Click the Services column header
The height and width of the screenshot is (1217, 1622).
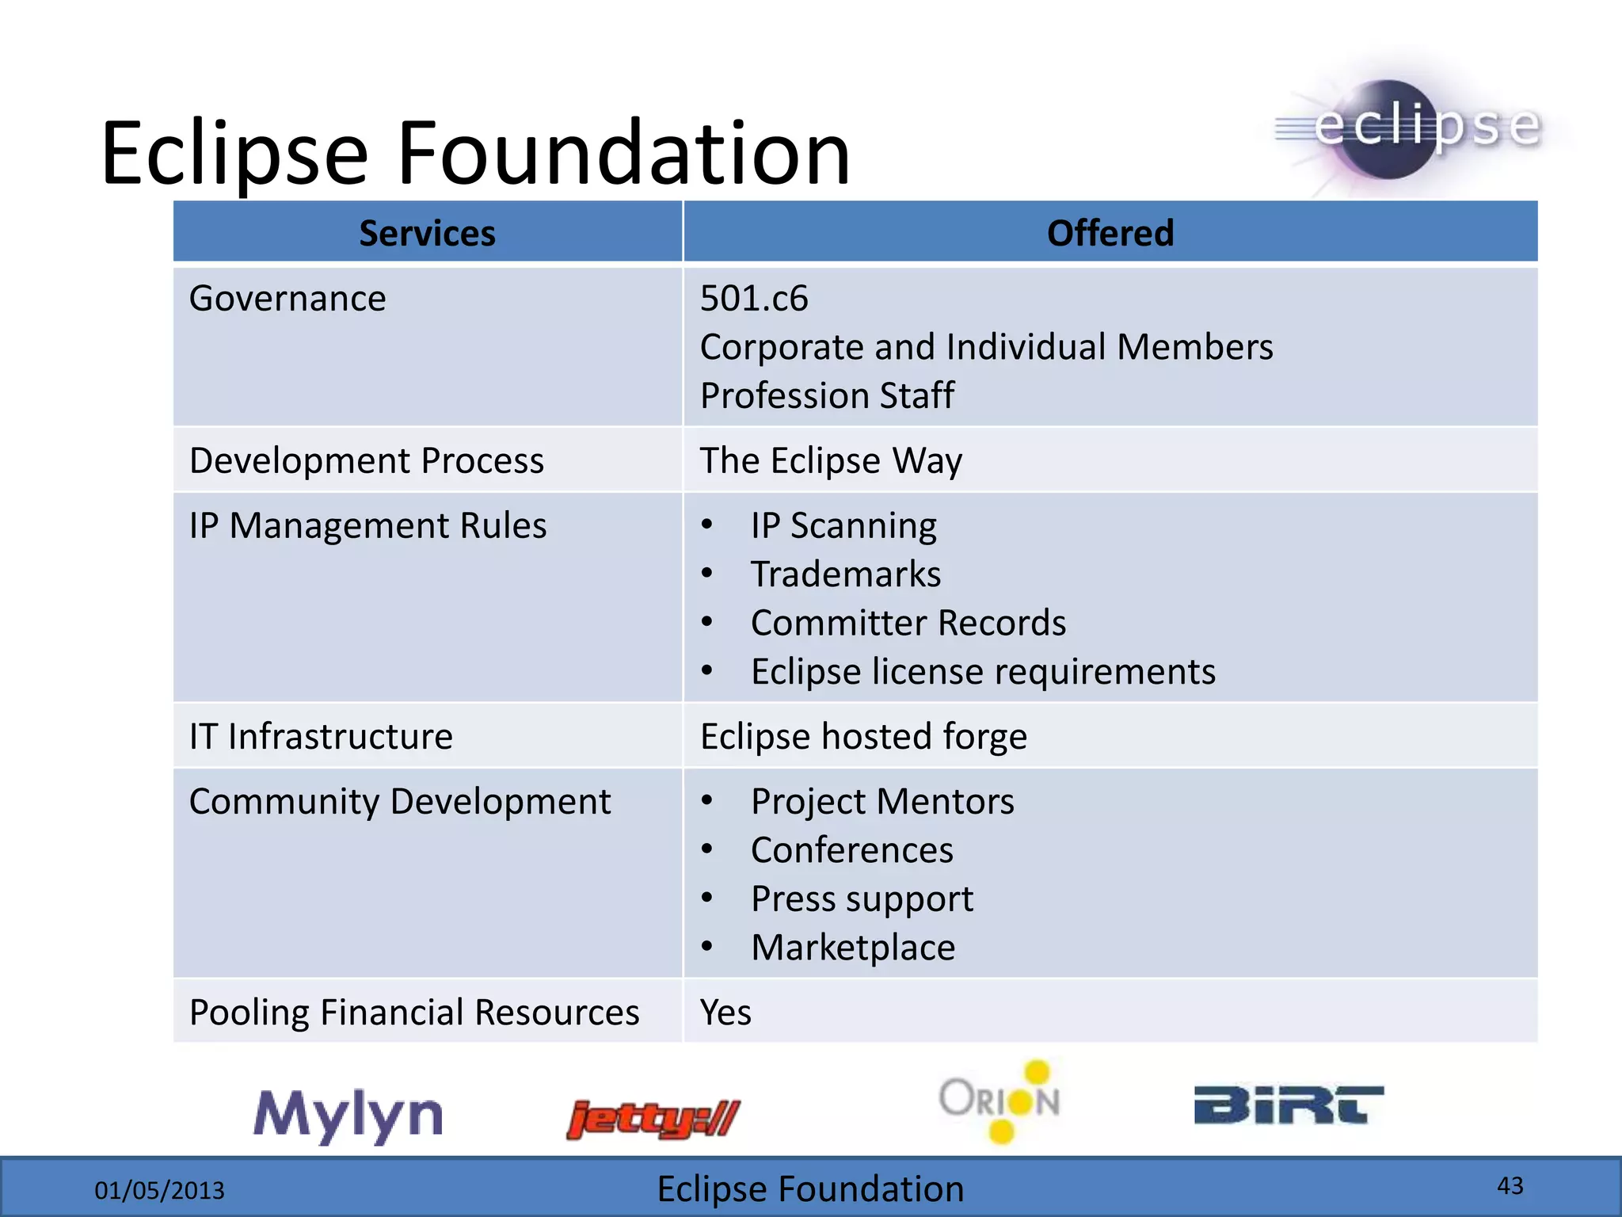click(x=427, y=233)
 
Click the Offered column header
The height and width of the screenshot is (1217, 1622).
click(x=1110, y=233)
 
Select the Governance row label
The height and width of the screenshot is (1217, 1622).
click(x=287, y=299)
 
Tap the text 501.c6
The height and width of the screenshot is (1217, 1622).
click(x=753, y=299)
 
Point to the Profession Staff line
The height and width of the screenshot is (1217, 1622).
click(x=827, y=395)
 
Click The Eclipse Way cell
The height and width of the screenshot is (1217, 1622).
click(x=831, y=460)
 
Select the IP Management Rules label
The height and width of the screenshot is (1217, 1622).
click(x=367, y=525)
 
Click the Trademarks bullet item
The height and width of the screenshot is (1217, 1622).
click(x=845, y=574)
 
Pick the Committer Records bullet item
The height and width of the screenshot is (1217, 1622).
click(x=908, y=623)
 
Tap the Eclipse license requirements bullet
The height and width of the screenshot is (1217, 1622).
click(x=982, y=672)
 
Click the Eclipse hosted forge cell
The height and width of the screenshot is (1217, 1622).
click(x=863, y=736)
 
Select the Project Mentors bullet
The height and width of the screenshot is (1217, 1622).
click(x=881, y=801)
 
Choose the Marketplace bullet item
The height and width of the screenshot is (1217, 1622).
click(x=852, y=948)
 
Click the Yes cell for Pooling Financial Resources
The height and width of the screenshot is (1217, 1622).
click(x=725, y=1013)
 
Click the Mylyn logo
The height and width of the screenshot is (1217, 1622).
click(x=348, y=1116)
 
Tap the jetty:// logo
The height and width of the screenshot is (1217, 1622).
click(x=653, y=1119)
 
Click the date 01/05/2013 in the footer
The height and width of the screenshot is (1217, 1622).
click(x=159, y=1190)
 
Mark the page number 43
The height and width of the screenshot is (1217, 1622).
click(x=1510, y=1185)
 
